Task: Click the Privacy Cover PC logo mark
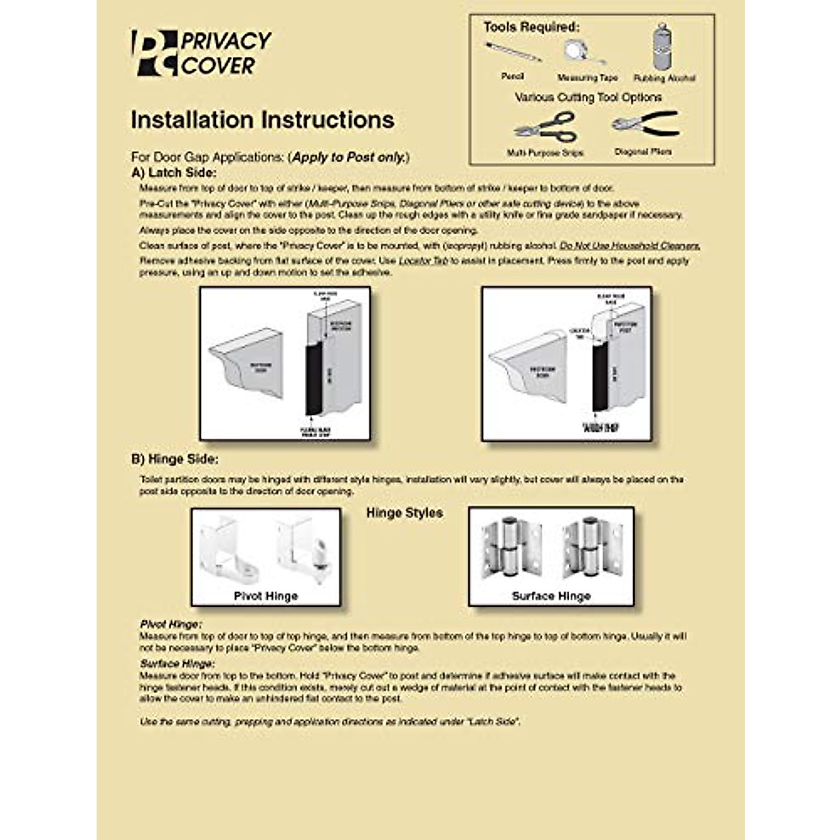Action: point(154,53)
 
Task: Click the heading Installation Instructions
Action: point(262,120)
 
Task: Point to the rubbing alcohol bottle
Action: point(661,47)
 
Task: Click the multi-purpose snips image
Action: point(545,128)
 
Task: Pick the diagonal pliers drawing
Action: point(644,125)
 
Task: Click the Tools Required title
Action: point(531,27)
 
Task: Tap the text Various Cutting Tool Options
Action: point(588,97)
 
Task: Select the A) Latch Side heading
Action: point(174,173)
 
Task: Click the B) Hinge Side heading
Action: point(174,459)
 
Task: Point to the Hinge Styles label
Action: point(404,513)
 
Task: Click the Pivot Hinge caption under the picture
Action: point(266,596)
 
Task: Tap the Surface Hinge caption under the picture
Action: point(551,596)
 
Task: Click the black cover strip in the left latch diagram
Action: point(313,378)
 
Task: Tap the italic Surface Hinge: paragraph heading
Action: point(177,664)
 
